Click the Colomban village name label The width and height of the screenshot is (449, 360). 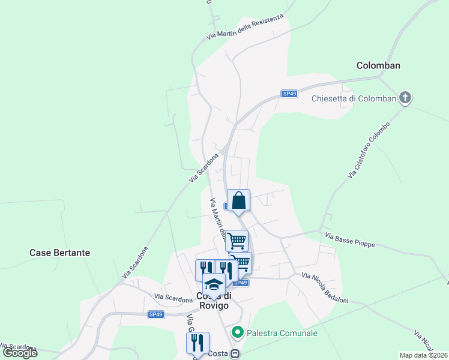pyautogui.click(x=378, y=65)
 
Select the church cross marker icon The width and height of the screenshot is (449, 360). pyautogui.click(x=405, y=98)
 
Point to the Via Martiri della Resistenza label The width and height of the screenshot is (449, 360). pyautogui.click(x=244, y=27)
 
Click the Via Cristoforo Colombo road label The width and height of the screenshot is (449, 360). pyautogui.click(x=369, y=150)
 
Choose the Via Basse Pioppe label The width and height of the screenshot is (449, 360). pyautogui.click(x=350, y=241)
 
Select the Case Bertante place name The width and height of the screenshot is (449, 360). pyautogui.click(x=59, y=253)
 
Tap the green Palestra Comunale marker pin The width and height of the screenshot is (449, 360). pyautogui.click(x=238, y=331)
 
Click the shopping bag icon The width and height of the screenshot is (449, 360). pyautogui.click(x=238, y=200)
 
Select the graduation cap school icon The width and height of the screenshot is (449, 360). pyautogui.click(x=213, y=284)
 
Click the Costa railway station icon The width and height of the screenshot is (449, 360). pyautogui.click(x=236, y=354)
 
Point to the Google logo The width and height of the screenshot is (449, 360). pyautogui.click(x=20, y=353)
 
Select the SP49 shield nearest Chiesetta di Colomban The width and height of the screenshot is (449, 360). pyautogui.click(x=290, y=94)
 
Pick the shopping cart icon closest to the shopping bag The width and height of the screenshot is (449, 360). pyautogui.click(x=237, y=241)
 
